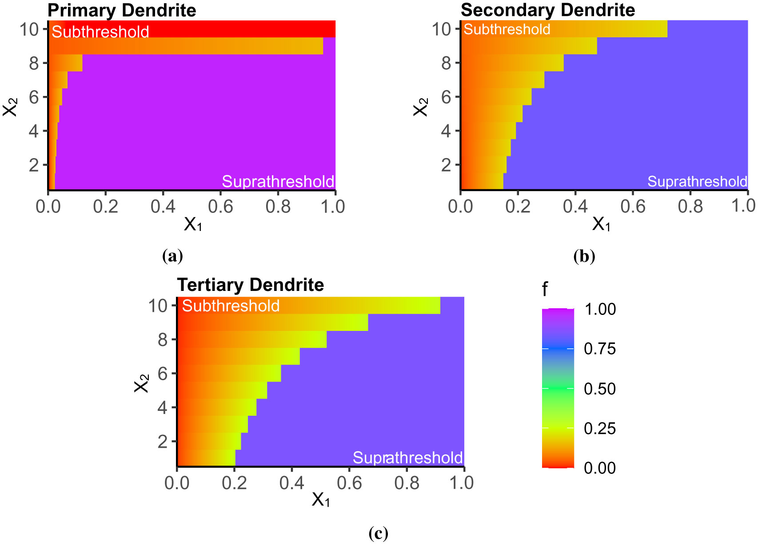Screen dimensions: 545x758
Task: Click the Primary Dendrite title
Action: point(122,10)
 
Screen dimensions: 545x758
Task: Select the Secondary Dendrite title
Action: point(548,10)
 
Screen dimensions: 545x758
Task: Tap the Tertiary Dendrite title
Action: point(251,285)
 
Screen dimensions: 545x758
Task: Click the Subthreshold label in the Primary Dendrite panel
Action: point(100,32)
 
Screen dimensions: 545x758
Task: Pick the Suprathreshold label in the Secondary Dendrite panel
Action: point(697,181)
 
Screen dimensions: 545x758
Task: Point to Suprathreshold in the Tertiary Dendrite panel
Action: point(407,457)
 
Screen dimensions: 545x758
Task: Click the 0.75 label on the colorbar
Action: point(600,349)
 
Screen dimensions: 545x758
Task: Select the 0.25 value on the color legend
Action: point(600,428)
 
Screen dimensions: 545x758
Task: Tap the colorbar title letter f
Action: point(545,290)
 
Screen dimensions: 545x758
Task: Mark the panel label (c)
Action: point(379,533)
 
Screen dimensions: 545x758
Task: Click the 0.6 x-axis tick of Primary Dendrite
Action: point(220,207)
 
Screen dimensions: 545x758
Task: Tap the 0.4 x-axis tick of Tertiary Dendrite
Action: point(291,483)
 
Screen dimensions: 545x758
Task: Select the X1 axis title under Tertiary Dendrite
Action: point(320,500)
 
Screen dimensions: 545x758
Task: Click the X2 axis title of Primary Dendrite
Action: point(10,107)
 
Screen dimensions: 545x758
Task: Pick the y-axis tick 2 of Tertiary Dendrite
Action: point(163,442)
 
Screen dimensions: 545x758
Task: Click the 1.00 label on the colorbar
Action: point(600,309)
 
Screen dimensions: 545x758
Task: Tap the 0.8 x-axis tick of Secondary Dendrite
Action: point(690,207)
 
